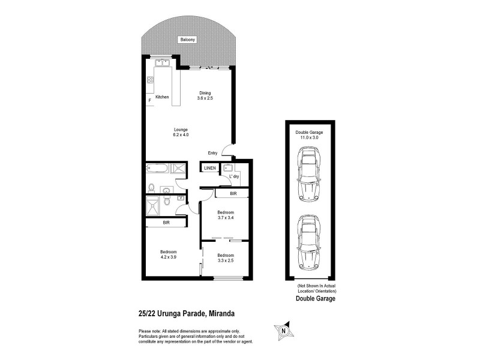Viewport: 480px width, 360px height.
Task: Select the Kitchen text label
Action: (162, 97)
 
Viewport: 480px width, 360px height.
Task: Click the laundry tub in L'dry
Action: (227, 169)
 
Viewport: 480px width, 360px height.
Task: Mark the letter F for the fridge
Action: (149, 101)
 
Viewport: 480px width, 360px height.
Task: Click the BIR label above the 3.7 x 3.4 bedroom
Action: (233, 194)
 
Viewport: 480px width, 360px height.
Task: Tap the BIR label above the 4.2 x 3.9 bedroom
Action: (165, 223)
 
